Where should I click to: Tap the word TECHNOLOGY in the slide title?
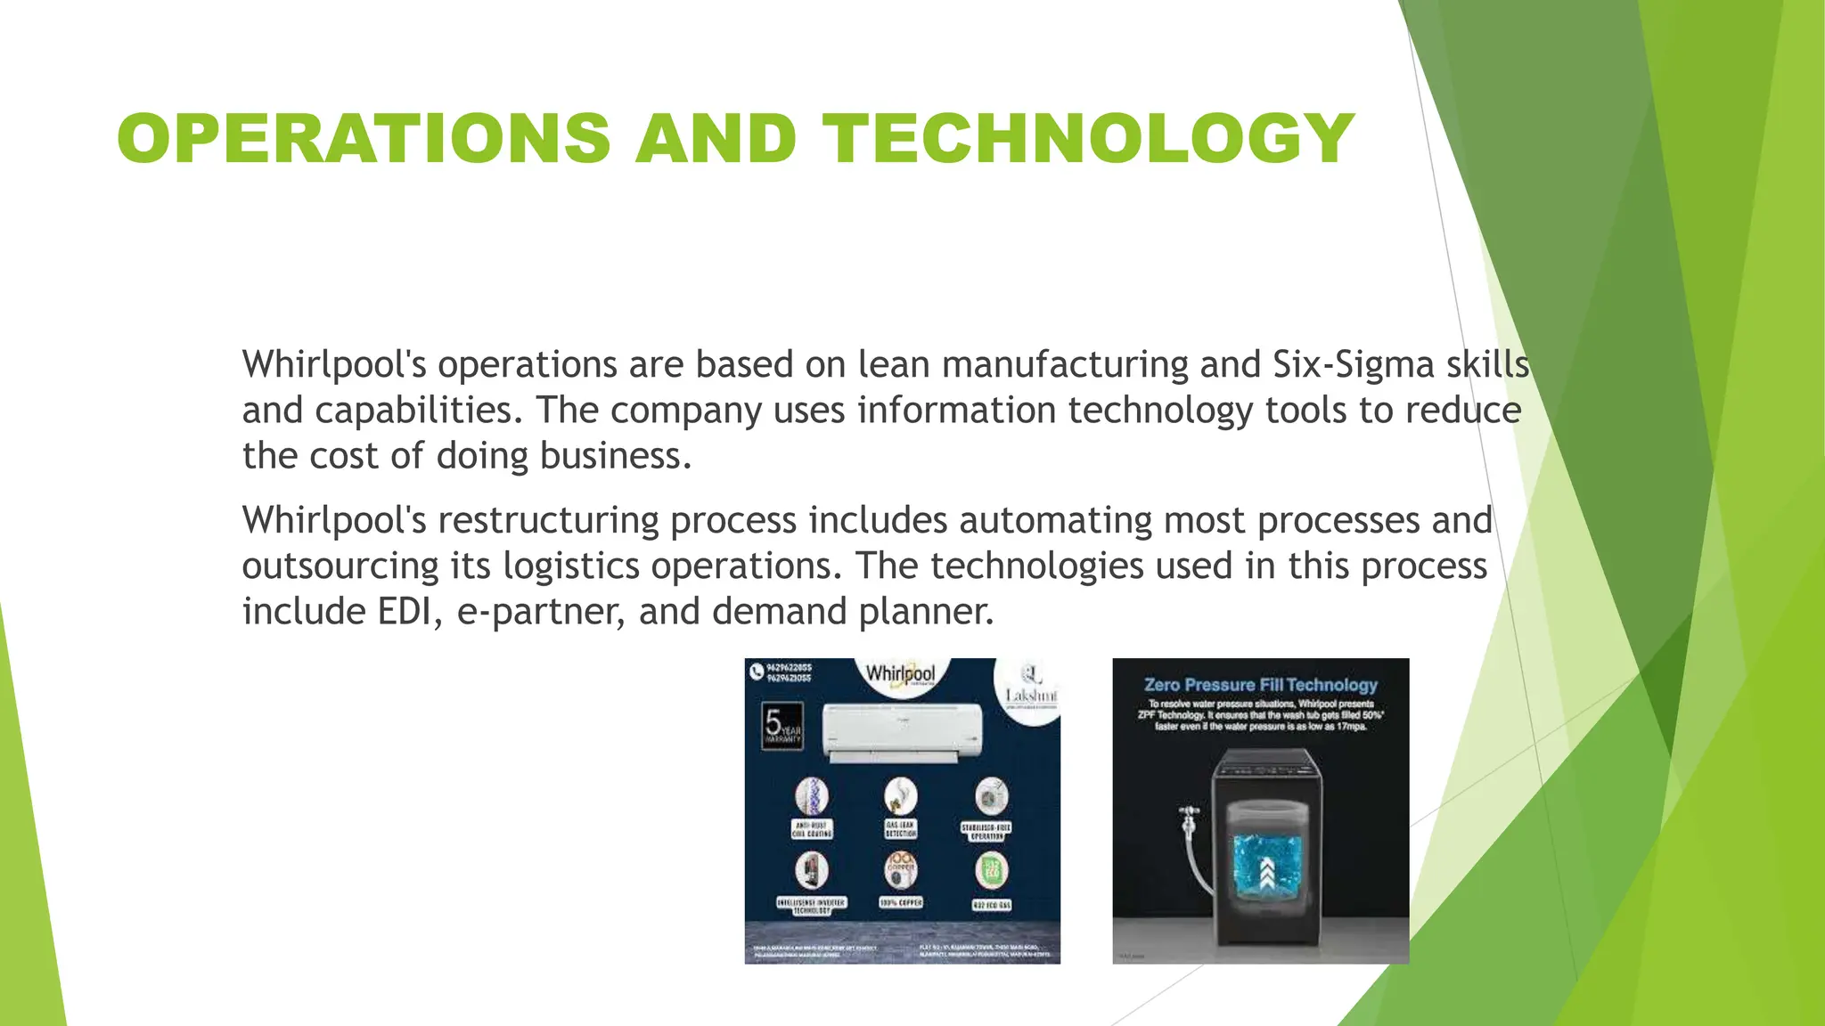coord(1088,139)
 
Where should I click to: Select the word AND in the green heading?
coord(716,139)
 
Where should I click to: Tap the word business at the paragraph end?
coord(610,456)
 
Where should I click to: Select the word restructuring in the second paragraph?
coord(548,521)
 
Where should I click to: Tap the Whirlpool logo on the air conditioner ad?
coord(900,675)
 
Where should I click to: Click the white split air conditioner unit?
coord(902,732)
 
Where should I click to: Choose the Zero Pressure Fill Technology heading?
coord(1260,685)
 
